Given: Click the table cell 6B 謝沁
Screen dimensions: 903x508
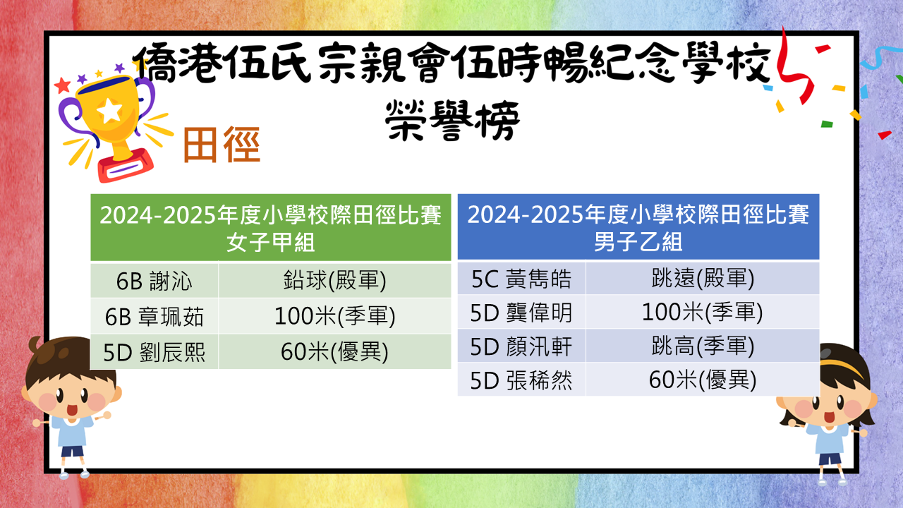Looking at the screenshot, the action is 154,281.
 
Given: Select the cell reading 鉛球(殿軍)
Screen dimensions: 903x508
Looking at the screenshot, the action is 334,281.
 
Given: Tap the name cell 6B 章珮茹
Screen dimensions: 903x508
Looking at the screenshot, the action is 154,316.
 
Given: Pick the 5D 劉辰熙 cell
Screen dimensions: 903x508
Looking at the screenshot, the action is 154,351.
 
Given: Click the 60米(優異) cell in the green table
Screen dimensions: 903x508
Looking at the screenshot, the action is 334,351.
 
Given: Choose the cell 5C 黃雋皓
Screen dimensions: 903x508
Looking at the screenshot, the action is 521,278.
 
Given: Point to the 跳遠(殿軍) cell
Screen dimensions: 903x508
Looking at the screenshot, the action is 703,278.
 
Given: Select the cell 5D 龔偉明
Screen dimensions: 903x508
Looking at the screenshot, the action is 521,312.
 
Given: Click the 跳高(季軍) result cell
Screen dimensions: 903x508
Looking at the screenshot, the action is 703,346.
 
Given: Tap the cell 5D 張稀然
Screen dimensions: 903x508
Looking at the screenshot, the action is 521,380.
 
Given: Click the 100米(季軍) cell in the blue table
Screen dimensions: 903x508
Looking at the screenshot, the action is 703,312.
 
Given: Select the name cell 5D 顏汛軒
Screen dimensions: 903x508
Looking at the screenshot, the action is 521,346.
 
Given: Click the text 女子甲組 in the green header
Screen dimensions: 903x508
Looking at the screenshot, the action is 270,242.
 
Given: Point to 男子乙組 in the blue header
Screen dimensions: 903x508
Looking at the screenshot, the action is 638,241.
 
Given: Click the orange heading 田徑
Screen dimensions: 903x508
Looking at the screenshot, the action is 222,145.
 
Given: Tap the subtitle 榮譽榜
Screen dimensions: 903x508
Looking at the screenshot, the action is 452,120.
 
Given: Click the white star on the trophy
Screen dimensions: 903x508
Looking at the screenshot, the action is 110,111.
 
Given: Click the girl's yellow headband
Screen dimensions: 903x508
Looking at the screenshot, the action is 843,368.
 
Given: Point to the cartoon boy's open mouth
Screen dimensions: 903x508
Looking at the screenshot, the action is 72,410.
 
